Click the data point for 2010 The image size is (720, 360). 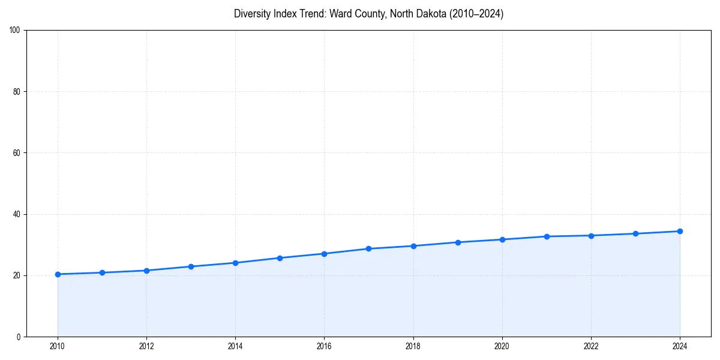pyautogui.click(x=58, y=274)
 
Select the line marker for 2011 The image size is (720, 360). pyautogui.click(x=102, y=272)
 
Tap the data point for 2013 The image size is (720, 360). pyautogui.click(x=191, y=266)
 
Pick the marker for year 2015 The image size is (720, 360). pyautogui.click(x=280, y=258)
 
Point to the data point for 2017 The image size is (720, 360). pyautogui.click(x=368, y=248)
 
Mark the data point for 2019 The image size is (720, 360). pyautogui.click(x=458, y=242)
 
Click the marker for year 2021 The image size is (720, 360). pyautogui.click(x=547, y=236)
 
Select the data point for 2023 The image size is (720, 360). pyautogui.click(x=635, y=233)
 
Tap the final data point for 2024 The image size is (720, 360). pyautogui.click(x=680, y=231)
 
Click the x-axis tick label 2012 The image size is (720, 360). pyautogui.click(x=146, y=346)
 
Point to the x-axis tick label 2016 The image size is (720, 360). pyautogui.click(x=324, y=346)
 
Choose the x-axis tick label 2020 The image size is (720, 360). pyautogui.click(x=502, y=346)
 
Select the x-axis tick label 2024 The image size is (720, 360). pyautogui.click(x=680, y=346)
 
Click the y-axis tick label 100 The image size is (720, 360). pyautogui.click(x=16, y=31)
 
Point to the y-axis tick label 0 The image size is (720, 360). pyautogui.click(x=19, y=337)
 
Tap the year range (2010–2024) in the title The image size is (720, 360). pyautogui.click(x=475, y=14)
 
